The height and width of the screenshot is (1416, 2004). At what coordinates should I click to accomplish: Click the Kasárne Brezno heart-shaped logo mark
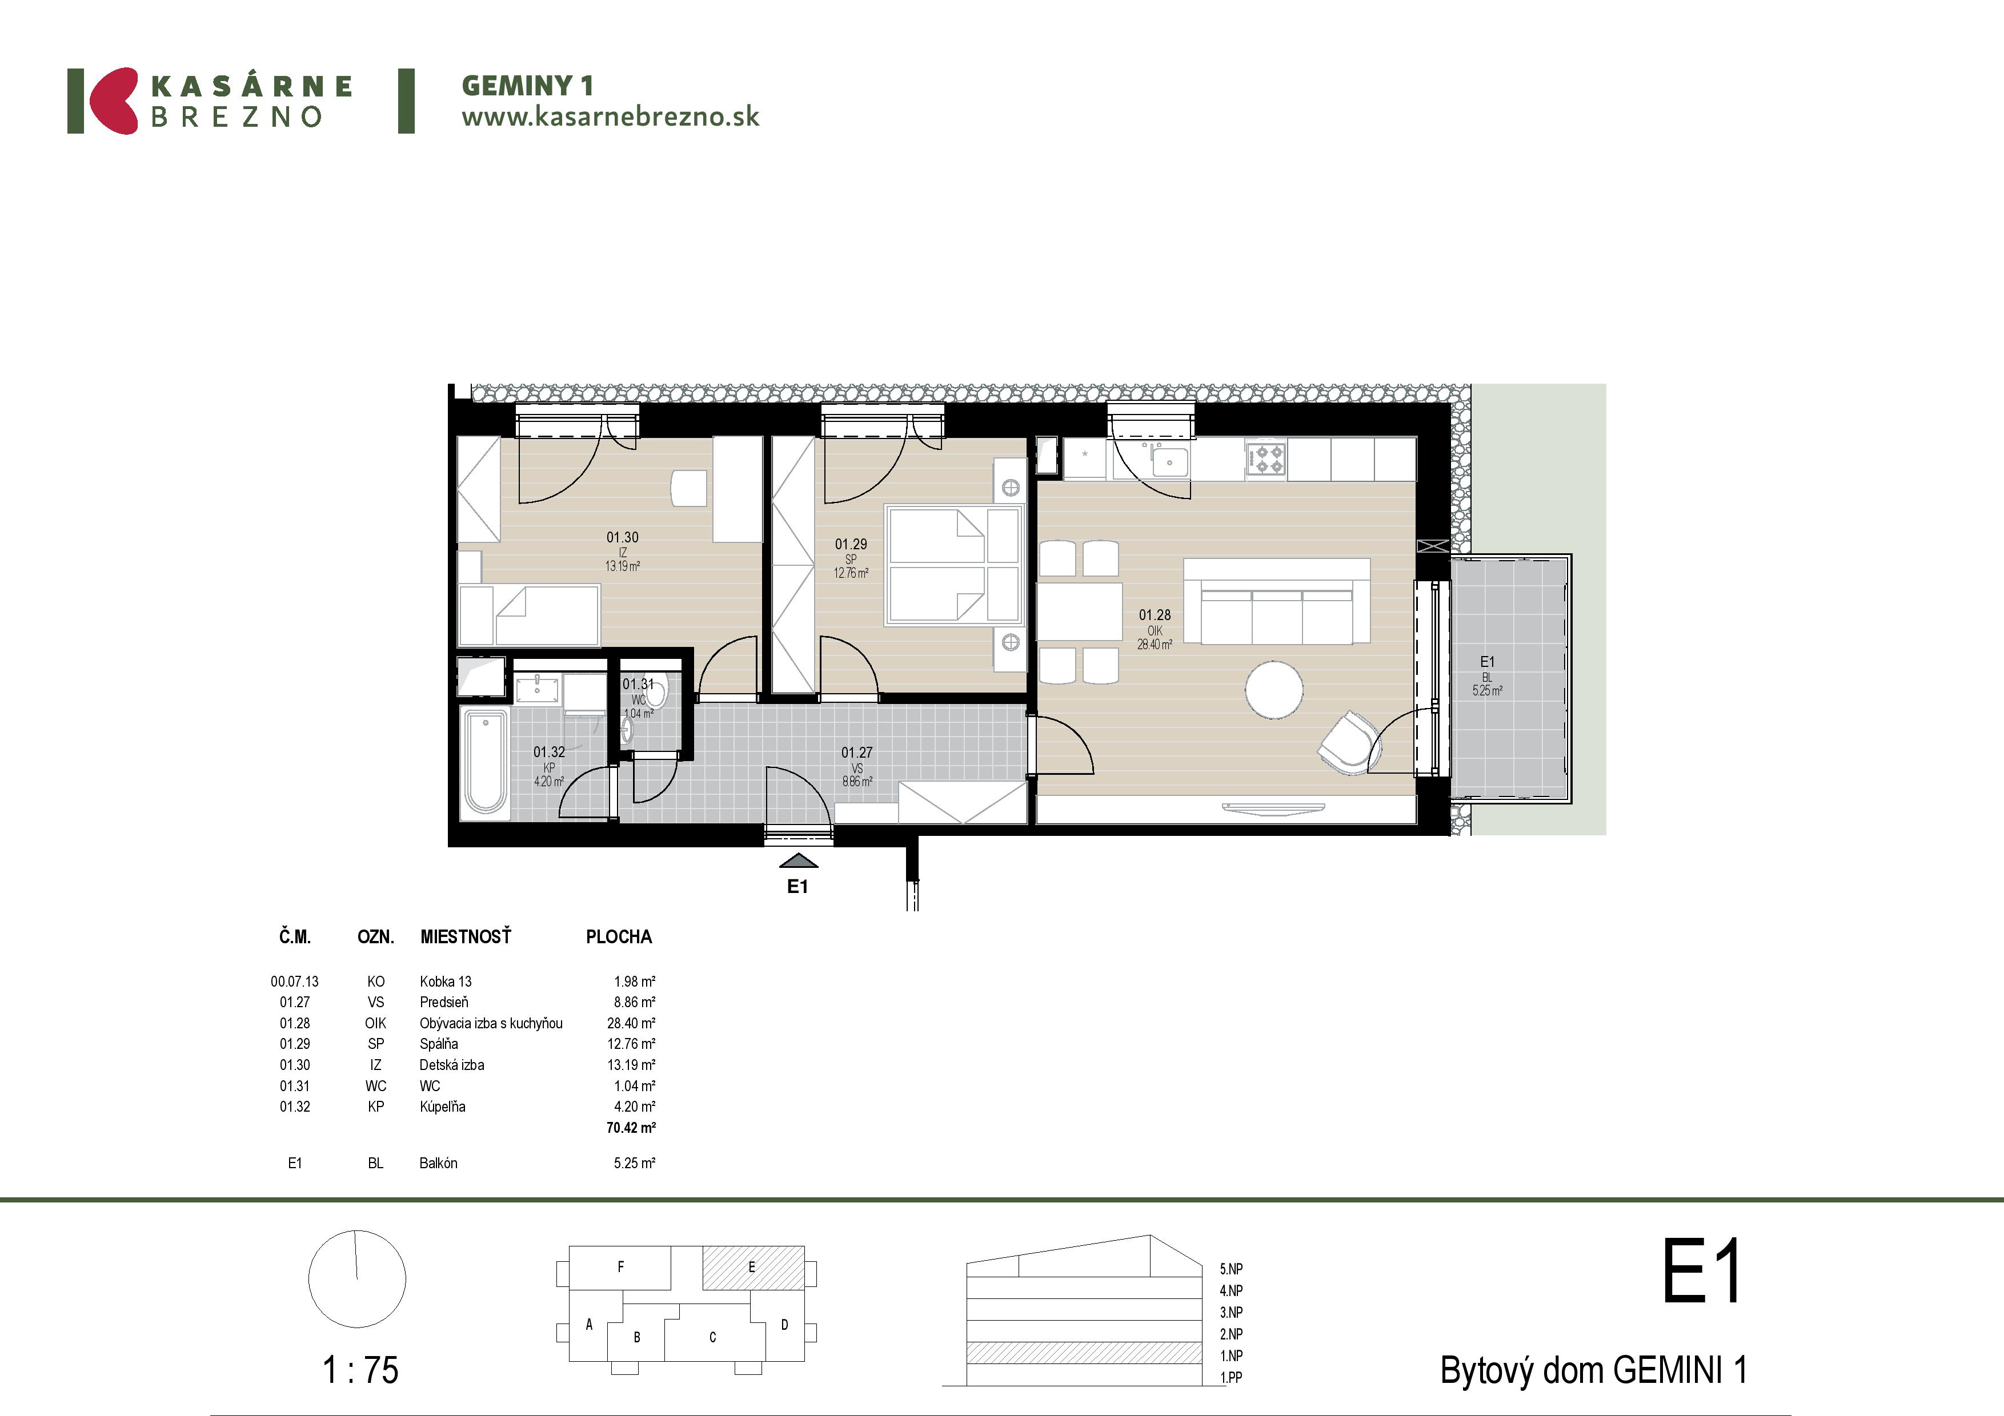(113, 100)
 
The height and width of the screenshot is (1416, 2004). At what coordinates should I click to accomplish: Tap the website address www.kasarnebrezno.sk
(610, 117)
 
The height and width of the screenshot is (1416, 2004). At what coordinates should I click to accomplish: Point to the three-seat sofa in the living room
(1276, 602)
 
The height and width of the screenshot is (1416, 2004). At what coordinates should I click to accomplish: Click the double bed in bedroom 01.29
(953, 565)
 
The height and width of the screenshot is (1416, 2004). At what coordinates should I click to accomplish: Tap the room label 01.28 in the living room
(1155, 615)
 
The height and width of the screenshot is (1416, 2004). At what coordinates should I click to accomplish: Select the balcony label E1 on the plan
(1487, 661)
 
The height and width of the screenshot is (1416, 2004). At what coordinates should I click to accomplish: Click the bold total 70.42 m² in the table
(631, 1127)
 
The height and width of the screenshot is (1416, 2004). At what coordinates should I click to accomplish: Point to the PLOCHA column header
(619, 937)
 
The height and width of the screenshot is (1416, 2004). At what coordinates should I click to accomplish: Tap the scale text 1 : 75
(360, 1370)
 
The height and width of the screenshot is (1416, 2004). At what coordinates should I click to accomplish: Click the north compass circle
(357, 1279)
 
